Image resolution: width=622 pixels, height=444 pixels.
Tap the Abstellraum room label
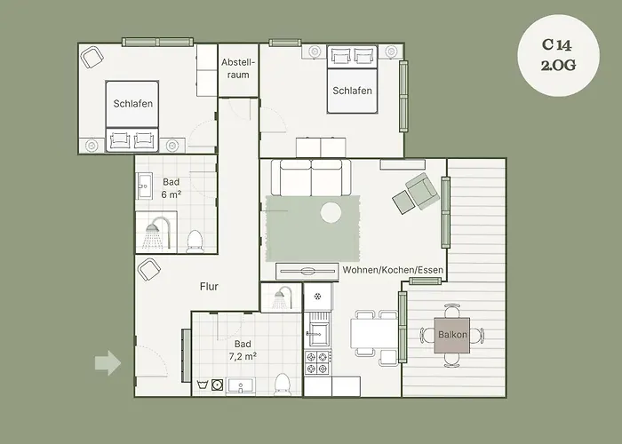pos(238,68)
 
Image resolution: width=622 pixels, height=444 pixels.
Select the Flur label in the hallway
pos(209,286)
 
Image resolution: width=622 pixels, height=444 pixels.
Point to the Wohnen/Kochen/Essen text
pos(393,270)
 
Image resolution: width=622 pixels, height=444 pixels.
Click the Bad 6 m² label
pos(171,187)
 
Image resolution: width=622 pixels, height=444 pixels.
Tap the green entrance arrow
pos(108,362)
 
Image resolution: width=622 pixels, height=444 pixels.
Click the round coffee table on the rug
pos(331,212)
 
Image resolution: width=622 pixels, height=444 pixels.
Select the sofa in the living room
pos(310,177)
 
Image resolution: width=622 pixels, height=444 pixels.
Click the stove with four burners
pos(318,362)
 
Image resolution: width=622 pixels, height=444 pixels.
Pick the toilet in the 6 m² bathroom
pos(195,240)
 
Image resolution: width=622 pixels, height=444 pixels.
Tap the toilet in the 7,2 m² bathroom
pos(283,383)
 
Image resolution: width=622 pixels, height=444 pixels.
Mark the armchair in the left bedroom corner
pos(91,58)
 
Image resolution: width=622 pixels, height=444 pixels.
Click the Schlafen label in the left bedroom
pos(133,103)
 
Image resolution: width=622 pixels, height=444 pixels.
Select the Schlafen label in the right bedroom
pos(352,91)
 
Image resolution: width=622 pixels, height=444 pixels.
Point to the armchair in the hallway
pos(148,268)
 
